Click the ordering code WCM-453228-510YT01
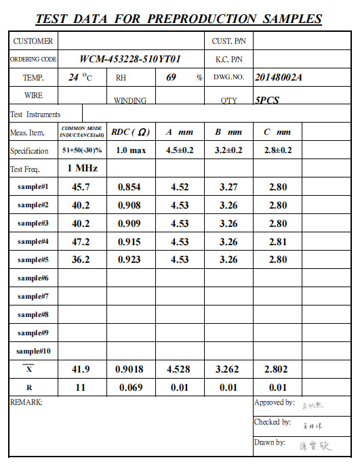click(x=130, y=60)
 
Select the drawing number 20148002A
click(x=278, y=77)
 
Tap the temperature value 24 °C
click(x=79, y=78)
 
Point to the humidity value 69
click(x=171, y=77)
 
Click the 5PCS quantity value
click(x=266, y=100)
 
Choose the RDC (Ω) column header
click(x=131, y=132)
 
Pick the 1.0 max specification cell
click(x=130, y=150)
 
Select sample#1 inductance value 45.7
click(x=81, y=187)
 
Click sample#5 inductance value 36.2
click(x=81, y=260)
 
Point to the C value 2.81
click(x=278, y=242)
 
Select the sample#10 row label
click(x=33, y=351)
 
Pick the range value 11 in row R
click(x=81, y=387)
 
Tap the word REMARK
click(x=26, y=402)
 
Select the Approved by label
click(x=274, y=403)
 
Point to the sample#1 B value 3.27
click(x=228, y=187)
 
